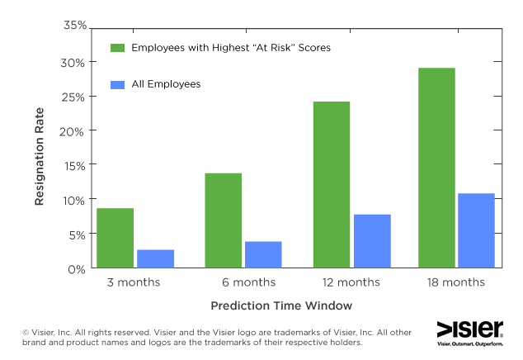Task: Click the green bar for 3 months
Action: click(115, 238)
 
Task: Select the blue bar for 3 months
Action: click(156, 258)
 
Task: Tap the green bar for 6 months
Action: click(223, 220)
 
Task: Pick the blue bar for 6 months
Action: click(264, 254)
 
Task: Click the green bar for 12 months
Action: click(331, 185)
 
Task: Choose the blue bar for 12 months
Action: click(372, 241)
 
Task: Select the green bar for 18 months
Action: click(436, 168)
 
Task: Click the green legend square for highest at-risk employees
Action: click(117, 48)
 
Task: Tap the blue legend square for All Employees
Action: click(117, 84)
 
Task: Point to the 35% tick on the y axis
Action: click(75, 26)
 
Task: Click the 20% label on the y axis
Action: click(75, 130)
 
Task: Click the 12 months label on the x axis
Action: click(351, 282)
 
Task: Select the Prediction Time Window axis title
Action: click(281, 306)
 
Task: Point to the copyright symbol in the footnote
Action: click(26, 333)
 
